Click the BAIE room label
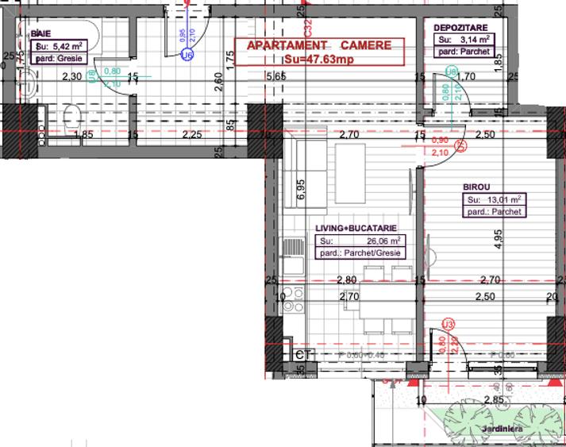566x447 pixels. pos(38,35)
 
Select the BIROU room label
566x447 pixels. pos(478,188)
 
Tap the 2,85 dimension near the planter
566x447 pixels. pos(495,399)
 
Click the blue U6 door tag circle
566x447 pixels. pos(187,56)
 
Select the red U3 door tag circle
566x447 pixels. pos(449,324)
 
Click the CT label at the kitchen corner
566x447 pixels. pos(301,355)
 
